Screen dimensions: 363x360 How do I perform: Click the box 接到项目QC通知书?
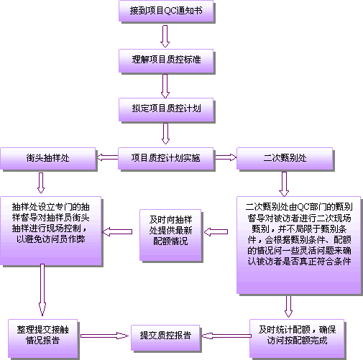[166, 11]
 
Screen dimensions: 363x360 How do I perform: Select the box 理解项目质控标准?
[166, 60]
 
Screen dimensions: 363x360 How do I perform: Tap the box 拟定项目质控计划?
[166, 109]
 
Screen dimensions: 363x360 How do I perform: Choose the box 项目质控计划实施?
[165, 158]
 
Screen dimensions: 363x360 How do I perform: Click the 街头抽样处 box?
[48, 158]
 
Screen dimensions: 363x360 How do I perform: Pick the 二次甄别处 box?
[285, 158]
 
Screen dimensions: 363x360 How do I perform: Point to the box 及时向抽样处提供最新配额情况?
[170, 235]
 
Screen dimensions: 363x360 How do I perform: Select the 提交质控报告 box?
[165, 338]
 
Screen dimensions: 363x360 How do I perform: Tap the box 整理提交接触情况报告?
[43, 338]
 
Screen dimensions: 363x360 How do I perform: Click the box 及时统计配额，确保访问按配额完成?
[297, 338]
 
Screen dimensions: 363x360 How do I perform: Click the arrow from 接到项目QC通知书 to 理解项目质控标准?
[165, 36]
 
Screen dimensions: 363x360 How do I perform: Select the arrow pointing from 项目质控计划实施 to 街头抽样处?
[108, 157]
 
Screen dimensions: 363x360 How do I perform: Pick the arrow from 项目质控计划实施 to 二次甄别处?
[226, 157]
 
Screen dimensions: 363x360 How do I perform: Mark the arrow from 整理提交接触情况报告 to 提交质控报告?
[104, 336]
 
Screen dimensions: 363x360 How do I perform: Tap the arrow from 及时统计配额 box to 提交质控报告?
[226, 336]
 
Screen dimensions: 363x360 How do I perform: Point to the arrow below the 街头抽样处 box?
[41, 183]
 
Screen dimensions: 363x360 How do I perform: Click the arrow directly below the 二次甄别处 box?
[284, 184]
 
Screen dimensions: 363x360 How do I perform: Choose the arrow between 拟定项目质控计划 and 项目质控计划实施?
[165, 134]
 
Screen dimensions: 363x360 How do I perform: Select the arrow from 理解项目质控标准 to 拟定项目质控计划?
[165, 86]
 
